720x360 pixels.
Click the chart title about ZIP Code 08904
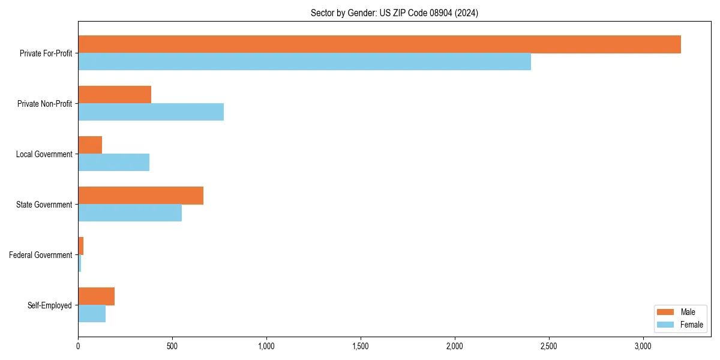tap(394, 13)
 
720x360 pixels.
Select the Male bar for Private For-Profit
tap(379, 44)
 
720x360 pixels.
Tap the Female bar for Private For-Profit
tap(304, 62)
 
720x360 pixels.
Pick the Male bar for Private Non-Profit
tap(115, 95)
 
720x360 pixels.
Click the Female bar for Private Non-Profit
tap(151, 112)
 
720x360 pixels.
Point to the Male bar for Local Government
tap(90, 145)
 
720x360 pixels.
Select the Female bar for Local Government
tap(113, 163)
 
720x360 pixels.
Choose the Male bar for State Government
tap(140, 196)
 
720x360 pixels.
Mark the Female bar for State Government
tap(130, 213)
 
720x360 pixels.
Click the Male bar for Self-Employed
tap(96, 296)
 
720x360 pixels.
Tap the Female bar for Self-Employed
tap(92, 314)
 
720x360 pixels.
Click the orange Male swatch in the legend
tap(666, 312)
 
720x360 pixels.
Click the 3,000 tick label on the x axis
tap(643, 346)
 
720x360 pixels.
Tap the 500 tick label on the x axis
tap(172, 346)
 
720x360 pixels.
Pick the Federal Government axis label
tap(41, 255)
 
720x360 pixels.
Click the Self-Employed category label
tap(50, 305)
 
